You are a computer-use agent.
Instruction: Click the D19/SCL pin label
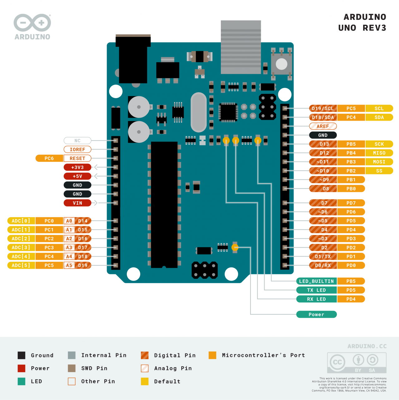[323, 108]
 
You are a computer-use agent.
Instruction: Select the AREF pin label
[323, 126]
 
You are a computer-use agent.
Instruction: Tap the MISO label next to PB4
[379, 153]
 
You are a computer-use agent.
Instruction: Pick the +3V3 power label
[77, 167]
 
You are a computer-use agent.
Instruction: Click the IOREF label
[77, 149]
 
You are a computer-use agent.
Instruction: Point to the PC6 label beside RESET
[49, 158]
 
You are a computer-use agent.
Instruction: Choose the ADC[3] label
[21, 247]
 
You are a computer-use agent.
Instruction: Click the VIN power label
[77, 203]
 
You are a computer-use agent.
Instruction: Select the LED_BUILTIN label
[316, 281]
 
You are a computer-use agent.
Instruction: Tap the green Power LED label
[316, 314]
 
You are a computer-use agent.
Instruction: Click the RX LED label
[316, 299]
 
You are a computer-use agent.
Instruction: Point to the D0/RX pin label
[323, 265]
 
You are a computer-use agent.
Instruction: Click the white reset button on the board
[281, 64]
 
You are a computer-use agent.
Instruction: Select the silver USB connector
[241, 47]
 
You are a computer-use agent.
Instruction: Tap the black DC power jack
[133, 59]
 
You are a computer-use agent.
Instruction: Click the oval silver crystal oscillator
[198, 112]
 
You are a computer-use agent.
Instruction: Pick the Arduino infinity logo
[32, 23]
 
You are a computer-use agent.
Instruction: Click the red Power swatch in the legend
[22, 368]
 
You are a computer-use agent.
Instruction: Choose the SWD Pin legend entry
[87, 368]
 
